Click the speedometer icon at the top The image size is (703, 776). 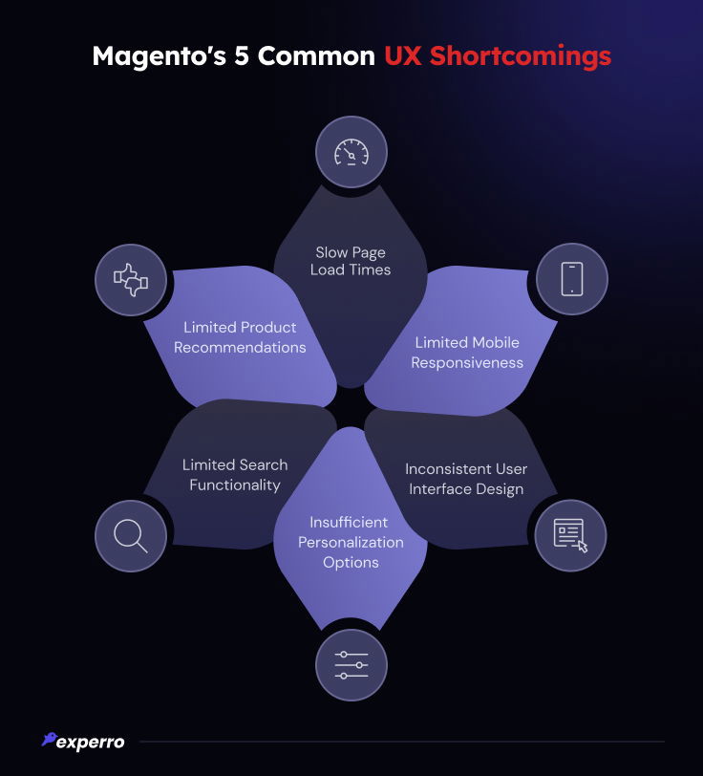(351, 152)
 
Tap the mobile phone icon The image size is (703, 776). (571, 279)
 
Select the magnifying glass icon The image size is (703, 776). (131, 534)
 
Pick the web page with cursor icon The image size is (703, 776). (571, 534)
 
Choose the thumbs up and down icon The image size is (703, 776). (131, 279)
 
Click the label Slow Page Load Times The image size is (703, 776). (351, 261)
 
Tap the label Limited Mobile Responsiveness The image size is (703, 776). (468, 353)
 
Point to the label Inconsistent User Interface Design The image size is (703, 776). (466, 479)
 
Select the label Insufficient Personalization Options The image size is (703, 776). (351, 542)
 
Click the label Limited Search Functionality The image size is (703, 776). (235, 475)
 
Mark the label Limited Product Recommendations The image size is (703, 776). (240, 337)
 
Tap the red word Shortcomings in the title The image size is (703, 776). (520, 55)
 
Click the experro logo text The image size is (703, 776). (90, 742)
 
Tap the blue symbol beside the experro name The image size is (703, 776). (49, 740)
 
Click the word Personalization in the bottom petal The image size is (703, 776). (351, 542)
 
